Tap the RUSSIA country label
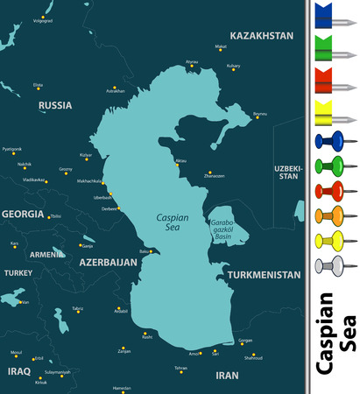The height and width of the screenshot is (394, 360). [x=55, y=105]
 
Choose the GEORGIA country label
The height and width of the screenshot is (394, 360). [x=22, y=214]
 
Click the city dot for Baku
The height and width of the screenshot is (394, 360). [x=152, y=252]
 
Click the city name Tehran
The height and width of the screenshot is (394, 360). [x=180, y=368]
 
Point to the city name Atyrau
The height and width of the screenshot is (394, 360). [x=192, y=61]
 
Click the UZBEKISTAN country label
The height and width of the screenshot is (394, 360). [x=287, y=171]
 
